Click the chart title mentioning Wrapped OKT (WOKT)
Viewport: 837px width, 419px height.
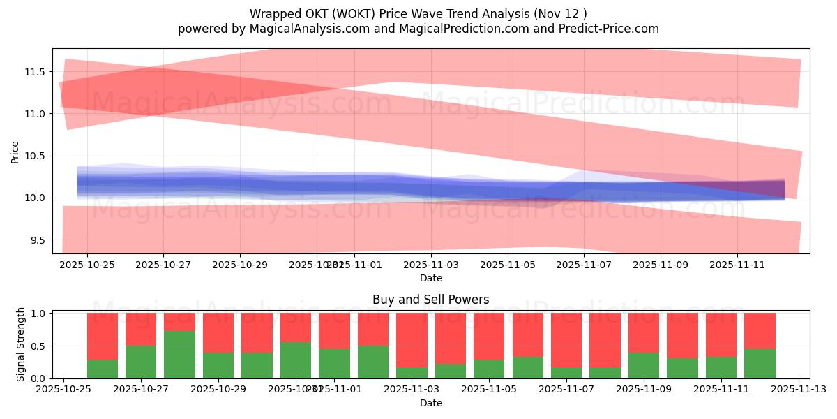coord(418,13)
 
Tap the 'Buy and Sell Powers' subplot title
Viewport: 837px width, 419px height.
coord(430,300)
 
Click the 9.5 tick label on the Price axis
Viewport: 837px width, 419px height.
coord(36,240)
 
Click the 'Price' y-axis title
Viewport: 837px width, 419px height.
coord(15,152)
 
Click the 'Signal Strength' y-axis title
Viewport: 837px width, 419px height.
coord(21,344)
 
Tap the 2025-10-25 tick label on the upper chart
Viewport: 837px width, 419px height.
coord(87,265)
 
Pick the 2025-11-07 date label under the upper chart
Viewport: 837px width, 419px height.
coord(585,265)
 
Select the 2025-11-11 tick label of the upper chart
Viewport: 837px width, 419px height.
coord(737,265)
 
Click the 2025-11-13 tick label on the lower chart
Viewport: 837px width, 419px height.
coord(799,390)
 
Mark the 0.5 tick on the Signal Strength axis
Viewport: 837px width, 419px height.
coord(39,346)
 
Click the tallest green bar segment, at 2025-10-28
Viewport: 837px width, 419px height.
coord(179,355)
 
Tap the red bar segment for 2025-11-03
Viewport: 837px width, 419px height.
coord(412,339)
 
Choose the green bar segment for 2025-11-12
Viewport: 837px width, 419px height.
coord(760,363)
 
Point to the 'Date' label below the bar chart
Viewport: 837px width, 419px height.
coord(430,403)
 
